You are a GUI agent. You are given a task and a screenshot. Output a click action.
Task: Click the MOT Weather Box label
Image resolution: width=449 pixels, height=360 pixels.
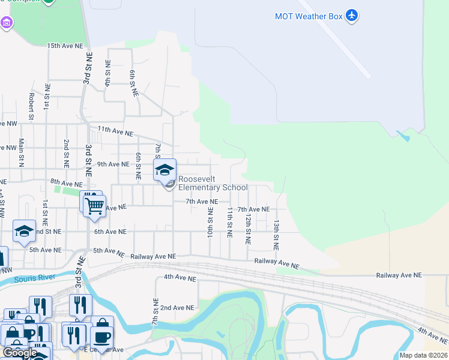(308, 16)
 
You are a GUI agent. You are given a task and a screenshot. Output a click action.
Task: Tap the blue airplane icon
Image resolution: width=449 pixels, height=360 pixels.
(352, 16)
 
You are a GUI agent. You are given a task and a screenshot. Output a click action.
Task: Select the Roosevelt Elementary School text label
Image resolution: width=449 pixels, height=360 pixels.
(212, 183)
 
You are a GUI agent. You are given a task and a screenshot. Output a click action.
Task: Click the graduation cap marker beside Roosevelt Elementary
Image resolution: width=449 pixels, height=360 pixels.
(165, 171)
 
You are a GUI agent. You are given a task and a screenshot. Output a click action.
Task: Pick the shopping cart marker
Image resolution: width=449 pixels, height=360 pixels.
(94, 206)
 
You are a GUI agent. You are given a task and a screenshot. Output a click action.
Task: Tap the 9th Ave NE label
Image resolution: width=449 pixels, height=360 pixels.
(113, 164)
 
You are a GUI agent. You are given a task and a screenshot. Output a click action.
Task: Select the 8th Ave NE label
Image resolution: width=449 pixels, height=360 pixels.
(66, 182)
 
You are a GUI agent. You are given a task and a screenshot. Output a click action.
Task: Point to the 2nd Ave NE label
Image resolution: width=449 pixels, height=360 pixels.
(178, 307)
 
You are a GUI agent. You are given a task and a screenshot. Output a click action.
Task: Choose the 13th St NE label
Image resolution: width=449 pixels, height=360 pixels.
(276, 234)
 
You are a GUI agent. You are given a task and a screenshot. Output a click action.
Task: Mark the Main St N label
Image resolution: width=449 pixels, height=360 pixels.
(21, 152)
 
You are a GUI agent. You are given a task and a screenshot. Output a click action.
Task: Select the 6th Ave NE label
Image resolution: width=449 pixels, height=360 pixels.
(110, 232)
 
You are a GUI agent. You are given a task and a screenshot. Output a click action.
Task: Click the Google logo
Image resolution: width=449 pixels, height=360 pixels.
(20, 353)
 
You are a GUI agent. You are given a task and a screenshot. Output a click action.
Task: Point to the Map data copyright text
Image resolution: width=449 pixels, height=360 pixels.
(423, 355)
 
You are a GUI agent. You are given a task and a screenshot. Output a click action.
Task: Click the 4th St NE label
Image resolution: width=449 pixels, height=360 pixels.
(108, 73)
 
